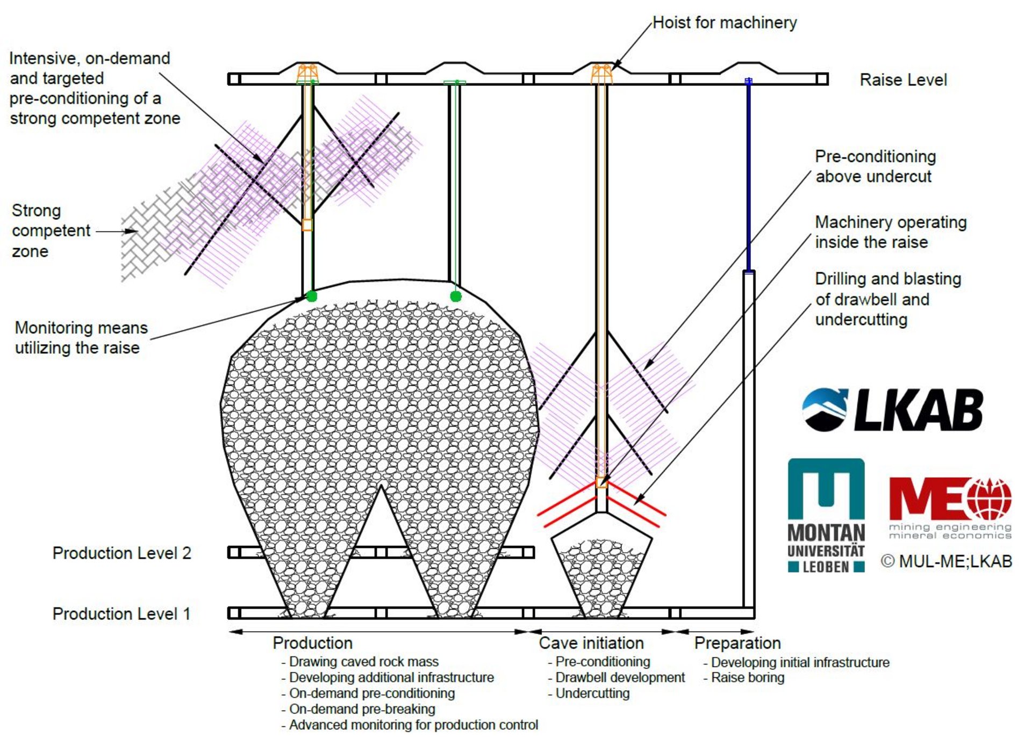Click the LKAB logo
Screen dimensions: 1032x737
tap(892, 410)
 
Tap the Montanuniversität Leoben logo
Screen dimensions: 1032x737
tap(826, 515)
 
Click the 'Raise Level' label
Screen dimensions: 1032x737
tap(903, 80)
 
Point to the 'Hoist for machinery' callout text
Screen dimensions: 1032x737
tap(725, 23)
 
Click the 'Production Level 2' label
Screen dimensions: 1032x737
tap(121, 553)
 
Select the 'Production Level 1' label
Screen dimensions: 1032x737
tap(121, 613)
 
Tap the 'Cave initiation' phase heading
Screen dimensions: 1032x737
tap(591, 642)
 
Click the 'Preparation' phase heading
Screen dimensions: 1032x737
tap(737, 642)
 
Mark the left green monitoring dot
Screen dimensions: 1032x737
tap(311, 296)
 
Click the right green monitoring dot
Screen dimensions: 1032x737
tap(456, 296)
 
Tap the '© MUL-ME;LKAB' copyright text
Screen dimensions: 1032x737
tap(947, 561)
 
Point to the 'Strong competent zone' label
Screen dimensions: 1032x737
tap(51, 230)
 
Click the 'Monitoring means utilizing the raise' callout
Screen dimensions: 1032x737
tap(81, 337)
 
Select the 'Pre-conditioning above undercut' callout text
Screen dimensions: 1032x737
tap(875, 166)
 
